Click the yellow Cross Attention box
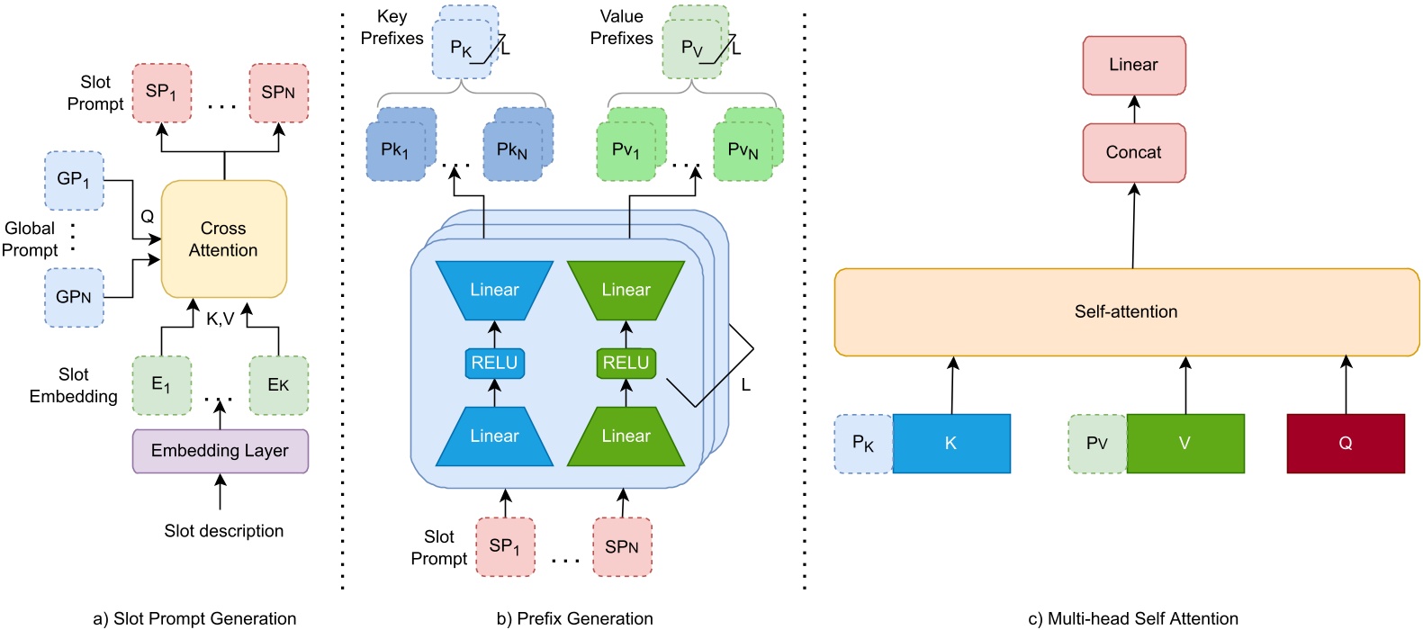tap(223, 239)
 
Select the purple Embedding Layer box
tap(220, 451)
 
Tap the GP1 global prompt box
tap(74, 180)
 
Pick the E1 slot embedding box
tap(161, 385)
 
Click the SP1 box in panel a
tap(161, 93)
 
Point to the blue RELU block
tap(494, 363)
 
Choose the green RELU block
tap(626, 363)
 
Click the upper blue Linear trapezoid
tap(494, 290)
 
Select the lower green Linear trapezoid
tap(626, 436)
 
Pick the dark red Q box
tap(1345, 444)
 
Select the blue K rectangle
tap(950, 444)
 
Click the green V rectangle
tap(1184, 444)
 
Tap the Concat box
tap(1133, 153)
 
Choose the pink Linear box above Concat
tap(1133, 65)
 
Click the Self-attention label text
tap(1125, 312)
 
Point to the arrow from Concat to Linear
tap(1134, 109)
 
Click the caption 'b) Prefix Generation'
tap(574, 618)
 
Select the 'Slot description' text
tap(223, 531)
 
